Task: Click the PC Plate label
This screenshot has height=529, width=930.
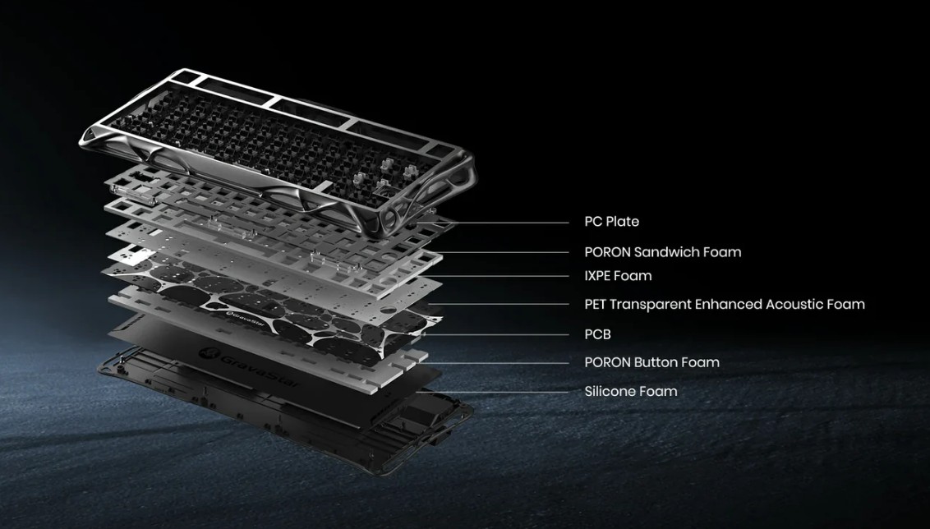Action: coord(611,222)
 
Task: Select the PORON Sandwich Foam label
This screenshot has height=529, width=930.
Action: coord(662,252)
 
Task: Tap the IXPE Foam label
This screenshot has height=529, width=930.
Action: coord(618,276)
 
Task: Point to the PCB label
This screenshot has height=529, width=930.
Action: coord(597,334)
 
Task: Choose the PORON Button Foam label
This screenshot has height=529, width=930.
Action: coord(651,362)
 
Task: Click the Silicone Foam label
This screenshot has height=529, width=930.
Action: coord(630,392)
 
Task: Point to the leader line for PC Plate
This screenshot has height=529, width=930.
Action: coord(493,223)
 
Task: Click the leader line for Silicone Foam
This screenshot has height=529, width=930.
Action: coord(493,392)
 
